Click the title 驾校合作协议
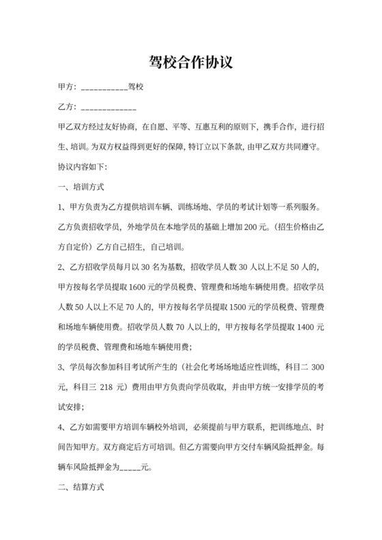tap(191, 63)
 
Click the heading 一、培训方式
tap(81, 186)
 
